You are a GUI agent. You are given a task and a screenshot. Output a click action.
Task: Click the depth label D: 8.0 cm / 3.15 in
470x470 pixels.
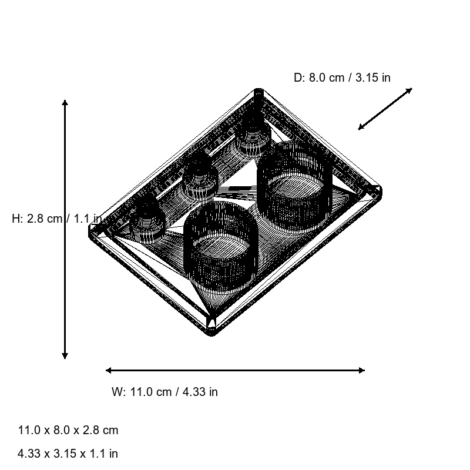[x=342, y=78]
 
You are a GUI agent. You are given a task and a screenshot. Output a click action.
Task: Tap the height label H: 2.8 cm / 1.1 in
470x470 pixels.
[x=57, y=219]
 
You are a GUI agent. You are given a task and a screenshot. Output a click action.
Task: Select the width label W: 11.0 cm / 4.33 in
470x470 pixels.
[x=164, y=392]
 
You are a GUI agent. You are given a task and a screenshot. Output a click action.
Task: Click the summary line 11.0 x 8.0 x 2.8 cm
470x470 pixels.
[x=68, y=430]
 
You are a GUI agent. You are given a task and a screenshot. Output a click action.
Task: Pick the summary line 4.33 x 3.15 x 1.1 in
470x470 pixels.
[x=68, y=454]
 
